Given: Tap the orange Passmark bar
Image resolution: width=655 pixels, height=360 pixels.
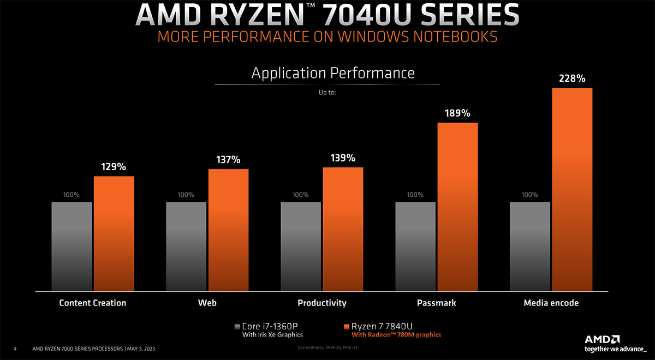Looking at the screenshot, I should click(x=457, y=207).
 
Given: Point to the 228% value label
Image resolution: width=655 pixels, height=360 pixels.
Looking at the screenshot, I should click(x=572, y=79).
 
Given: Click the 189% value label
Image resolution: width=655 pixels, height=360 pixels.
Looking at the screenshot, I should click(x=457, y=113).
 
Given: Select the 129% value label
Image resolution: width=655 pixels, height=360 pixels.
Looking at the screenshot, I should click(x=114, y=167).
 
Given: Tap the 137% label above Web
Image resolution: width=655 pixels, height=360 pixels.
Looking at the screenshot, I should click(x=228, y=160).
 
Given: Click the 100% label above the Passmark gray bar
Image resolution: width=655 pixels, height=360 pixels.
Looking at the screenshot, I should click(x=415, y=195).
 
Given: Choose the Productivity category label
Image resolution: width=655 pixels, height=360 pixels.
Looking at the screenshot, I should click(x=322, y=303).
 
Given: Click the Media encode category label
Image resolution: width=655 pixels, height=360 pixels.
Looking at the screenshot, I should click(x=551, y=303).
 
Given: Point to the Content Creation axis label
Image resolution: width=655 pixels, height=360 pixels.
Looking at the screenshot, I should click(x=93, y=303).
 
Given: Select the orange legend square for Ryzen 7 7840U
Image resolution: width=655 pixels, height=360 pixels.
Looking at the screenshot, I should click(x=347, y=326).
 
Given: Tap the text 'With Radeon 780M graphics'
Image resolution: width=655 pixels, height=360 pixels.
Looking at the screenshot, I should click(x=396, y=335).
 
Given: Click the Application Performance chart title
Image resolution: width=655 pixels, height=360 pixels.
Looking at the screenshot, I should click(x=333, y=73).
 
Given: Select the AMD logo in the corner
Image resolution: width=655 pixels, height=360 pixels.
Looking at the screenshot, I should click(x=602, y=339).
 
